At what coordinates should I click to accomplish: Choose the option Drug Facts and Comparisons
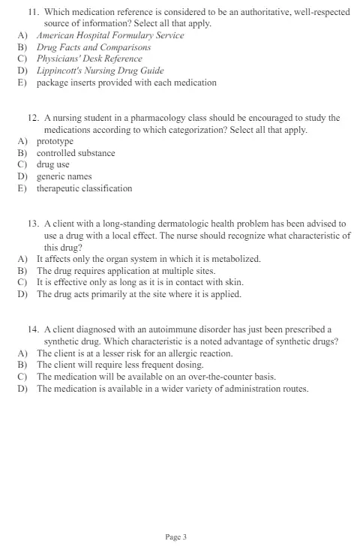coord(93,47)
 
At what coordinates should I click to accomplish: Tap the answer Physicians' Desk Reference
coord(88,59)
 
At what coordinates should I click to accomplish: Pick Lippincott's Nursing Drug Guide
coord(100,71)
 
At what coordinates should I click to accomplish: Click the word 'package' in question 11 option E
coord(52,83)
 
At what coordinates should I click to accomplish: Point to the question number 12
coord(33,118)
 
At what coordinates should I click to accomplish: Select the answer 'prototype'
coord(55,141)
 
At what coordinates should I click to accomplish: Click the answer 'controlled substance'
coord(76,153)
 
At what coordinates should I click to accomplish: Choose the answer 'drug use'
coord(52,164)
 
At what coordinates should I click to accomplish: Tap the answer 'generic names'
coord(64,176)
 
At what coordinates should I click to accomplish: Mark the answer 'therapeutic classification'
coord(84,188)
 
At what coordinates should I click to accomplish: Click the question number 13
coord(33,224)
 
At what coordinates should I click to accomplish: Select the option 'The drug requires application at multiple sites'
coord(125,271)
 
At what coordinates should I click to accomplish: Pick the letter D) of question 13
coord(22,294)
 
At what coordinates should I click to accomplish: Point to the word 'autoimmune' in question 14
coord(169,329)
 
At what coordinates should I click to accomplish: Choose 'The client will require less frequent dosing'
coord(119,365)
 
